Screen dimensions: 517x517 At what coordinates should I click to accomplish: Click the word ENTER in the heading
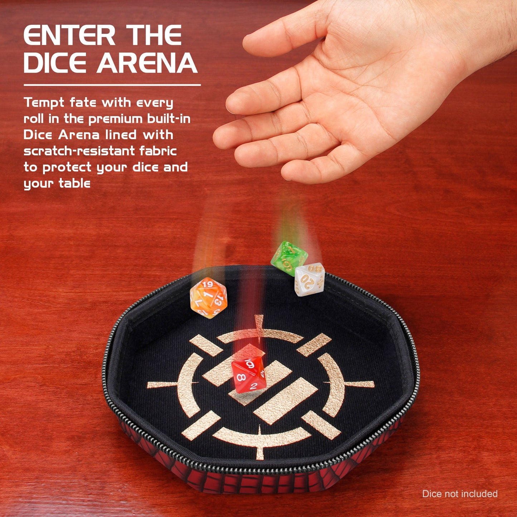pos(69,36)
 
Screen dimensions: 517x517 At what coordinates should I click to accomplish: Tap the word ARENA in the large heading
pos(147,63)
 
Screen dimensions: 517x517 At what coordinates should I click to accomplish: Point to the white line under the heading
pos(112,85)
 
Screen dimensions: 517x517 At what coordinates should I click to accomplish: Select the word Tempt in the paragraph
pos(44,103)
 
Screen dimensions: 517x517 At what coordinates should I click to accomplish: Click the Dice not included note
pos(459,494)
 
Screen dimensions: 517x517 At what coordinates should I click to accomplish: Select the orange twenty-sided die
pos(208,298)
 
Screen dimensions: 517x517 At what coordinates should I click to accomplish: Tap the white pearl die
pos(309,279)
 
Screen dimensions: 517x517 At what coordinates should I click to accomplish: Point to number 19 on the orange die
pos(208,285)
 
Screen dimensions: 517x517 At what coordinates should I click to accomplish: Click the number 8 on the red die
pos(240,377)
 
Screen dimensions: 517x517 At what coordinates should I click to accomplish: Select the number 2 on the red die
pos(253,386)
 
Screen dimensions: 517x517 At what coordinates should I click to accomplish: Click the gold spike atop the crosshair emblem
pos(259,324)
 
